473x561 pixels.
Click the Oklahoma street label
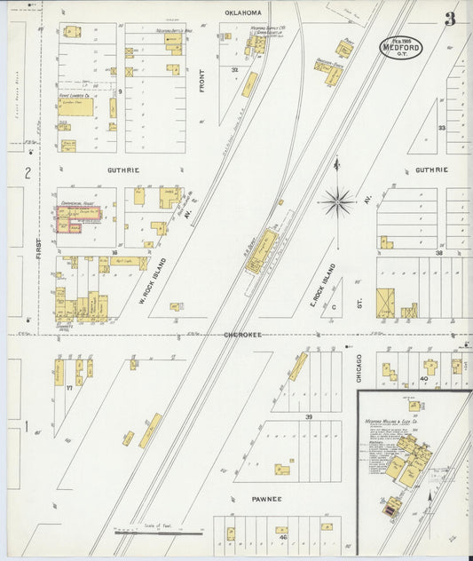tap(243, 12)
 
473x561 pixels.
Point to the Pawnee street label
tap(264, 499)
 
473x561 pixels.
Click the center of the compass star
tap(337, 201)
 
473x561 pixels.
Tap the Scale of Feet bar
tap(158, 533)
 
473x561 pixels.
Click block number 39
tap(309, 417)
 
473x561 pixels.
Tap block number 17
tap(67, 388)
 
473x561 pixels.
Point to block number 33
tap(440, 128)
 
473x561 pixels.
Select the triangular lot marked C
tap(335, 307)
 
